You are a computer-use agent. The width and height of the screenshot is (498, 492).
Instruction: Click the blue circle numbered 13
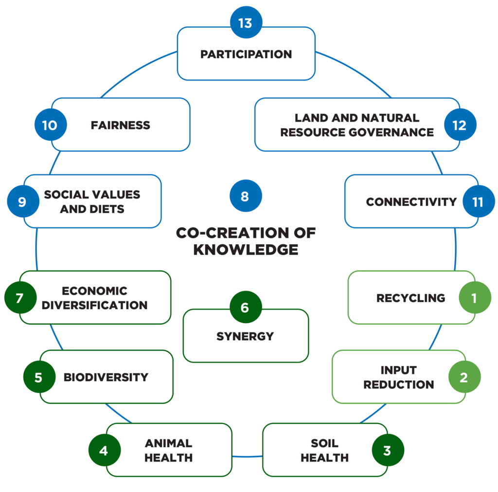pyautogui.click(x=246, y=23)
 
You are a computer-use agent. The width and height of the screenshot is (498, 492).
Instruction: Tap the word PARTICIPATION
pyautogui.click(x=246, y=54)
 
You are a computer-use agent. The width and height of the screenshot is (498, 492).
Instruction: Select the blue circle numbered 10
pyautogui.click(x=50, y=125)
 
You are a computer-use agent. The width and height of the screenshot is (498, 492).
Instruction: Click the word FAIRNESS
pyautogui.click(x=121, y=125)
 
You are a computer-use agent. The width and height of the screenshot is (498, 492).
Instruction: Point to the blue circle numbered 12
pyautogui.click(x=460, y=125)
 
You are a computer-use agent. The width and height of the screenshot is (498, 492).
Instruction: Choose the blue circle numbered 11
pyautogui.click(x=479, y=201)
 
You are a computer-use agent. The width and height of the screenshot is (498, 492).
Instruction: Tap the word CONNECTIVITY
pyautogui.click(x=411, y=201)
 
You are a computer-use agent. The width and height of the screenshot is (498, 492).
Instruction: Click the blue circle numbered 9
pyautogui.click(x=23, y=201)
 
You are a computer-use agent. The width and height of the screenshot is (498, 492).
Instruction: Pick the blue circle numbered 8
pyautogui.click(x=245, y=196)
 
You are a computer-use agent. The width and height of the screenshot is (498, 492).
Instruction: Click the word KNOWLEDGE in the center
pyautogui.click(x=246, y=250)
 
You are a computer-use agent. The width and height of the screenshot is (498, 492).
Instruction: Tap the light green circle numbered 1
pyautogui.click(x=475, y=297)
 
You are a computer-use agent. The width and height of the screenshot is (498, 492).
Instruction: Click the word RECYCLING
pyautogui.click(x=410, y=298)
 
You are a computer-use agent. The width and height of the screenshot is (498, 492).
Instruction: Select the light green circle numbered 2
pyautogui.click(x=464, y=377)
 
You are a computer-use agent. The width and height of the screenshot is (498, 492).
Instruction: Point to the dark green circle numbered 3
pyautogui.click(x=388, y=450)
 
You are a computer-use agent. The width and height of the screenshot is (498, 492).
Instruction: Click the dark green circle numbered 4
pyautogui.click(x=104, y=450)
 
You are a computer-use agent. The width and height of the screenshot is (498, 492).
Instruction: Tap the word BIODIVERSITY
pyautogui.click(x=106, y=377)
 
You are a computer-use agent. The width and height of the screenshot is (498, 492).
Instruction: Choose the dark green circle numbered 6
pyautogui.click(x=245, y=308)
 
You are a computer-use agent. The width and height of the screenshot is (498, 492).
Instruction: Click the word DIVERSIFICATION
pyautogui.click(x=94, y=306)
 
